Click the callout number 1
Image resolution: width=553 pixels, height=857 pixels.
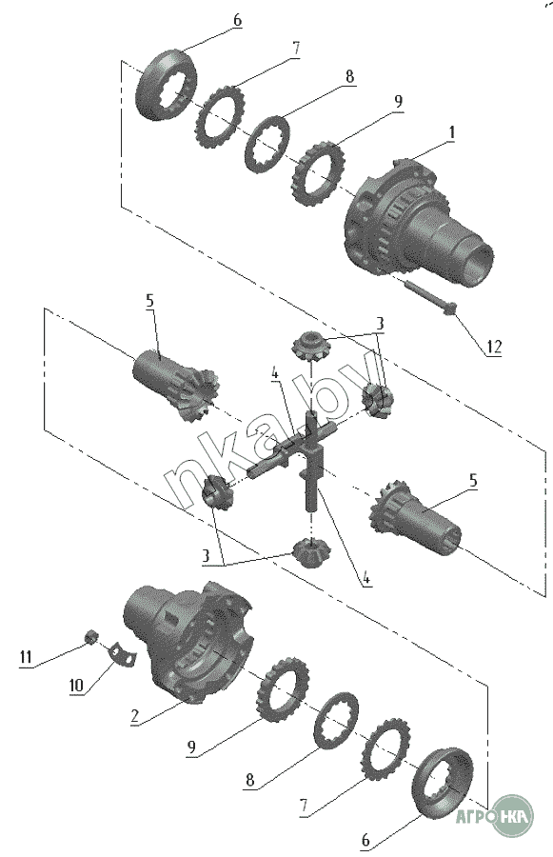click(x=451, y=132)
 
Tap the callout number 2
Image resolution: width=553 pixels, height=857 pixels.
click(x=135, y=716)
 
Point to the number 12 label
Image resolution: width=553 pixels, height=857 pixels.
click(x=493, y=348)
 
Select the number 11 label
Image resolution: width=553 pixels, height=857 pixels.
click(x=26, y=656)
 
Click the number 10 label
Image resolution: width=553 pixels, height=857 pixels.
click(x=76, y=686)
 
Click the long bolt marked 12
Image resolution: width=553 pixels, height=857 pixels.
click(x=432, y=297)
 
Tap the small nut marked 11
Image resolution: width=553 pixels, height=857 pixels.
click(x=91, y=636)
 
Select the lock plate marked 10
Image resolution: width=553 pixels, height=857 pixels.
click(x=123, y=654)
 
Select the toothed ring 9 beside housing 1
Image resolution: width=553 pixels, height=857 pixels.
click(x=319, y=174)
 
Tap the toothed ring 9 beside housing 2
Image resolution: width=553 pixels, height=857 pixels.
click(x=282, y=690)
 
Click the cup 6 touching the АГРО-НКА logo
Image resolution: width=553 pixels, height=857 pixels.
click(x=444, y=781)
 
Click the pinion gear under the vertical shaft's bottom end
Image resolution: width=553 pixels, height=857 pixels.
click(x=310, y=551)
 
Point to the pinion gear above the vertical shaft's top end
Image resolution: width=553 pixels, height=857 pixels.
click(x=310, y=346)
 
